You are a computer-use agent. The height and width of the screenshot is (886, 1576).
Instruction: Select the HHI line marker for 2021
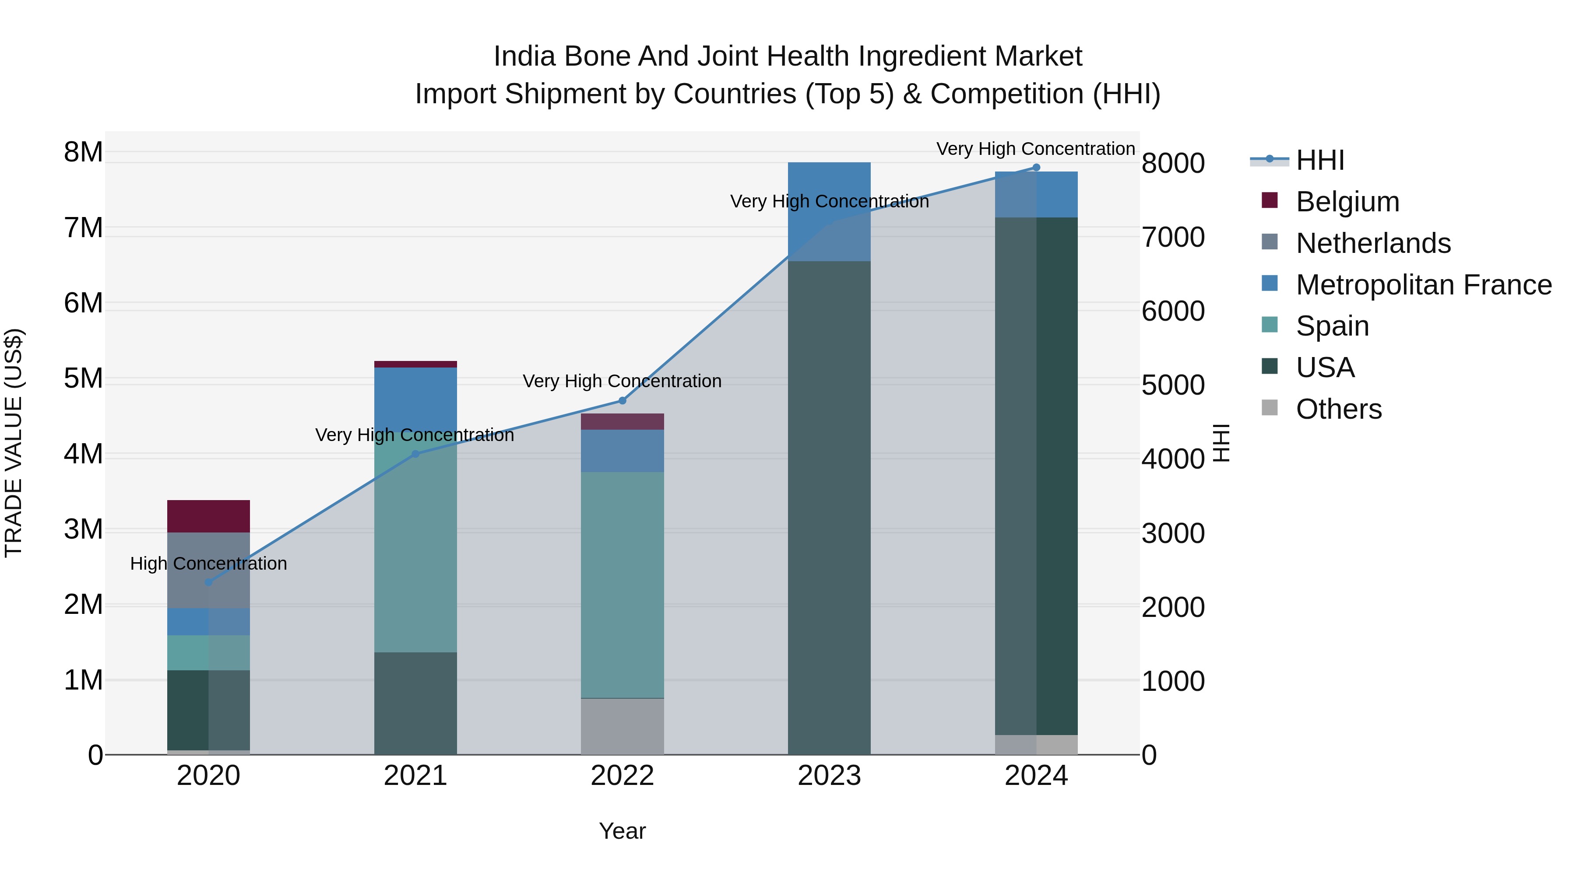point(415,454)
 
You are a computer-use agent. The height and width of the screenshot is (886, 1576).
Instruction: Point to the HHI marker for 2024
point(1036,168)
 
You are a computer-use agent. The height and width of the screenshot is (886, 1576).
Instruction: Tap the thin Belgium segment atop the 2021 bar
point(415,364)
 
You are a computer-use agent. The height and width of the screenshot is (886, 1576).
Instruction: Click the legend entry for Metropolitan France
point(1423,285)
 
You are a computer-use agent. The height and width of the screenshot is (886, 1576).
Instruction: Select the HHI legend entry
point(1319,160)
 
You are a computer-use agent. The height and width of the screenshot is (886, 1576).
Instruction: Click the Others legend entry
point(1338,409)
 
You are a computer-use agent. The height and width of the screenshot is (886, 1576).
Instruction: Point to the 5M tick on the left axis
point(83,378)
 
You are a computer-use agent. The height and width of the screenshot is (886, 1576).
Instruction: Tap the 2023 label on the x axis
point(829,776)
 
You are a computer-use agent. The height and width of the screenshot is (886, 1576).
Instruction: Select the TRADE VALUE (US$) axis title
point(14,443)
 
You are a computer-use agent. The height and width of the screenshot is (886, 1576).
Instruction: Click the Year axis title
point(622,831)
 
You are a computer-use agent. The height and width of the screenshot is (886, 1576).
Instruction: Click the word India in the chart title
point(524,56)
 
